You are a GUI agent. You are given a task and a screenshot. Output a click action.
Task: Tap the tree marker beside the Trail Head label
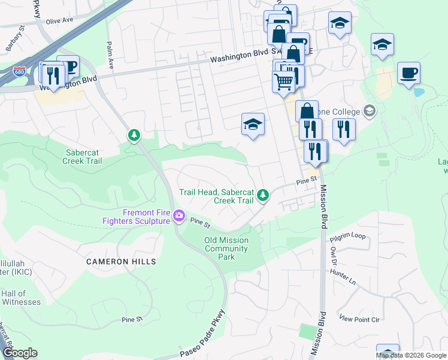coord(262,194)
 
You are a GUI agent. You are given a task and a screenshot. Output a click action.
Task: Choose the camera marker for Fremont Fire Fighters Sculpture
coord(178,216)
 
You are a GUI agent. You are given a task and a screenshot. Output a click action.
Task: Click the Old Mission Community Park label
coord(226,248)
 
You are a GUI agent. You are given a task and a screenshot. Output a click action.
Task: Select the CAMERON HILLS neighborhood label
coord(121,262)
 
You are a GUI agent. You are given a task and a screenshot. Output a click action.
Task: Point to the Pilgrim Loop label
coord(347,236)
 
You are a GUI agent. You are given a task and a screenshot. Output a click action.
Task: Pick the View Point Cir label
coord(359,319)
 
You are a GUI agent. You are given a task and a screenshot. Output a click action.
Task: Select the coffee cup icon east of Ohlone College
coord(408,73)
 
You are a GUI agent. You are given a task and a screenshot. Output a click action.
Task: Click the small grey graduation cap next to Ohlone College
coord(370,111)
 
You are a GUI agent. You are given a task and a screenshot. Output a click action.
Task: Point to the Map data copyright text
coord(411,355)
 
